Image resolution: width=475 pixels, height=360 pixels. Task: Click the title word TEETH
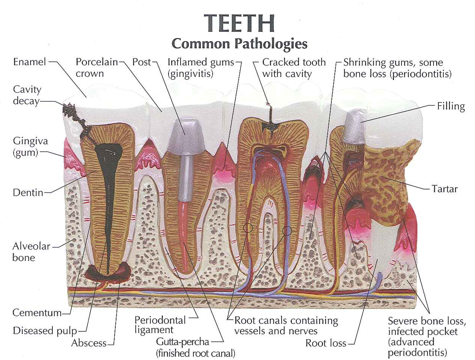[239, 23]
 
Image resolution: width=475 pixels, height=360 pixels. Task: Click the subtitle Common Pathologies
[239, 44]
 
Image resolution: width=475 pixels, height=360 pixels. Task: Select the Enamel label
[29, 62]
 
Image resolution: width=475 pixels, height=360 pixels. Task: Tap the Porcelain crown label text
[97, 68]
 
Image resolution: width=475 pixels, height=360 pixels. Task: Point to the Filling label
[451, 106]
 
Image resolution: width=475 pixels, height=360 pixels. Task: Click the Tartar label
[444, 189]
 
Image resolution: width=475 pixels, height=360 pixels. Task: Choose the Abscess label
[89, 343]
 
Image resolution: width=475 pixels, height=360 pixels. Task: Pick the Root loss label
[325, 343]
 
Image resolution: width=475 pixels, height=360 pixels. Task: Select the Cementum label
[37, 313]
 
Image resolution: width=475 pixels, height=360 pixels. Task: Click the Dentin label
[28, 192]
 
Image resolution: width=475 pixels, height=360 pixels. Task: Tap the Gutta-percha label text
[182, 342]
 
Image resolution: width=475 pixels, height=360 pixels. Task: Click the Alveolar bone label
[31, 252]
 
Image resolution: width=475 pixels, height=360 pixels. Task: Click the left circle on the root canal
[248, 228]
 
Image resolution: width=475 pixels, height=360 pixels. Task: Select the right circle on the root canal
[287, 230]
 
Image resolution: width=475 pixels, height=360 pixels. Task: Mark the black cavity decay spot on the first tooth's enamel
[69, 110]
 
